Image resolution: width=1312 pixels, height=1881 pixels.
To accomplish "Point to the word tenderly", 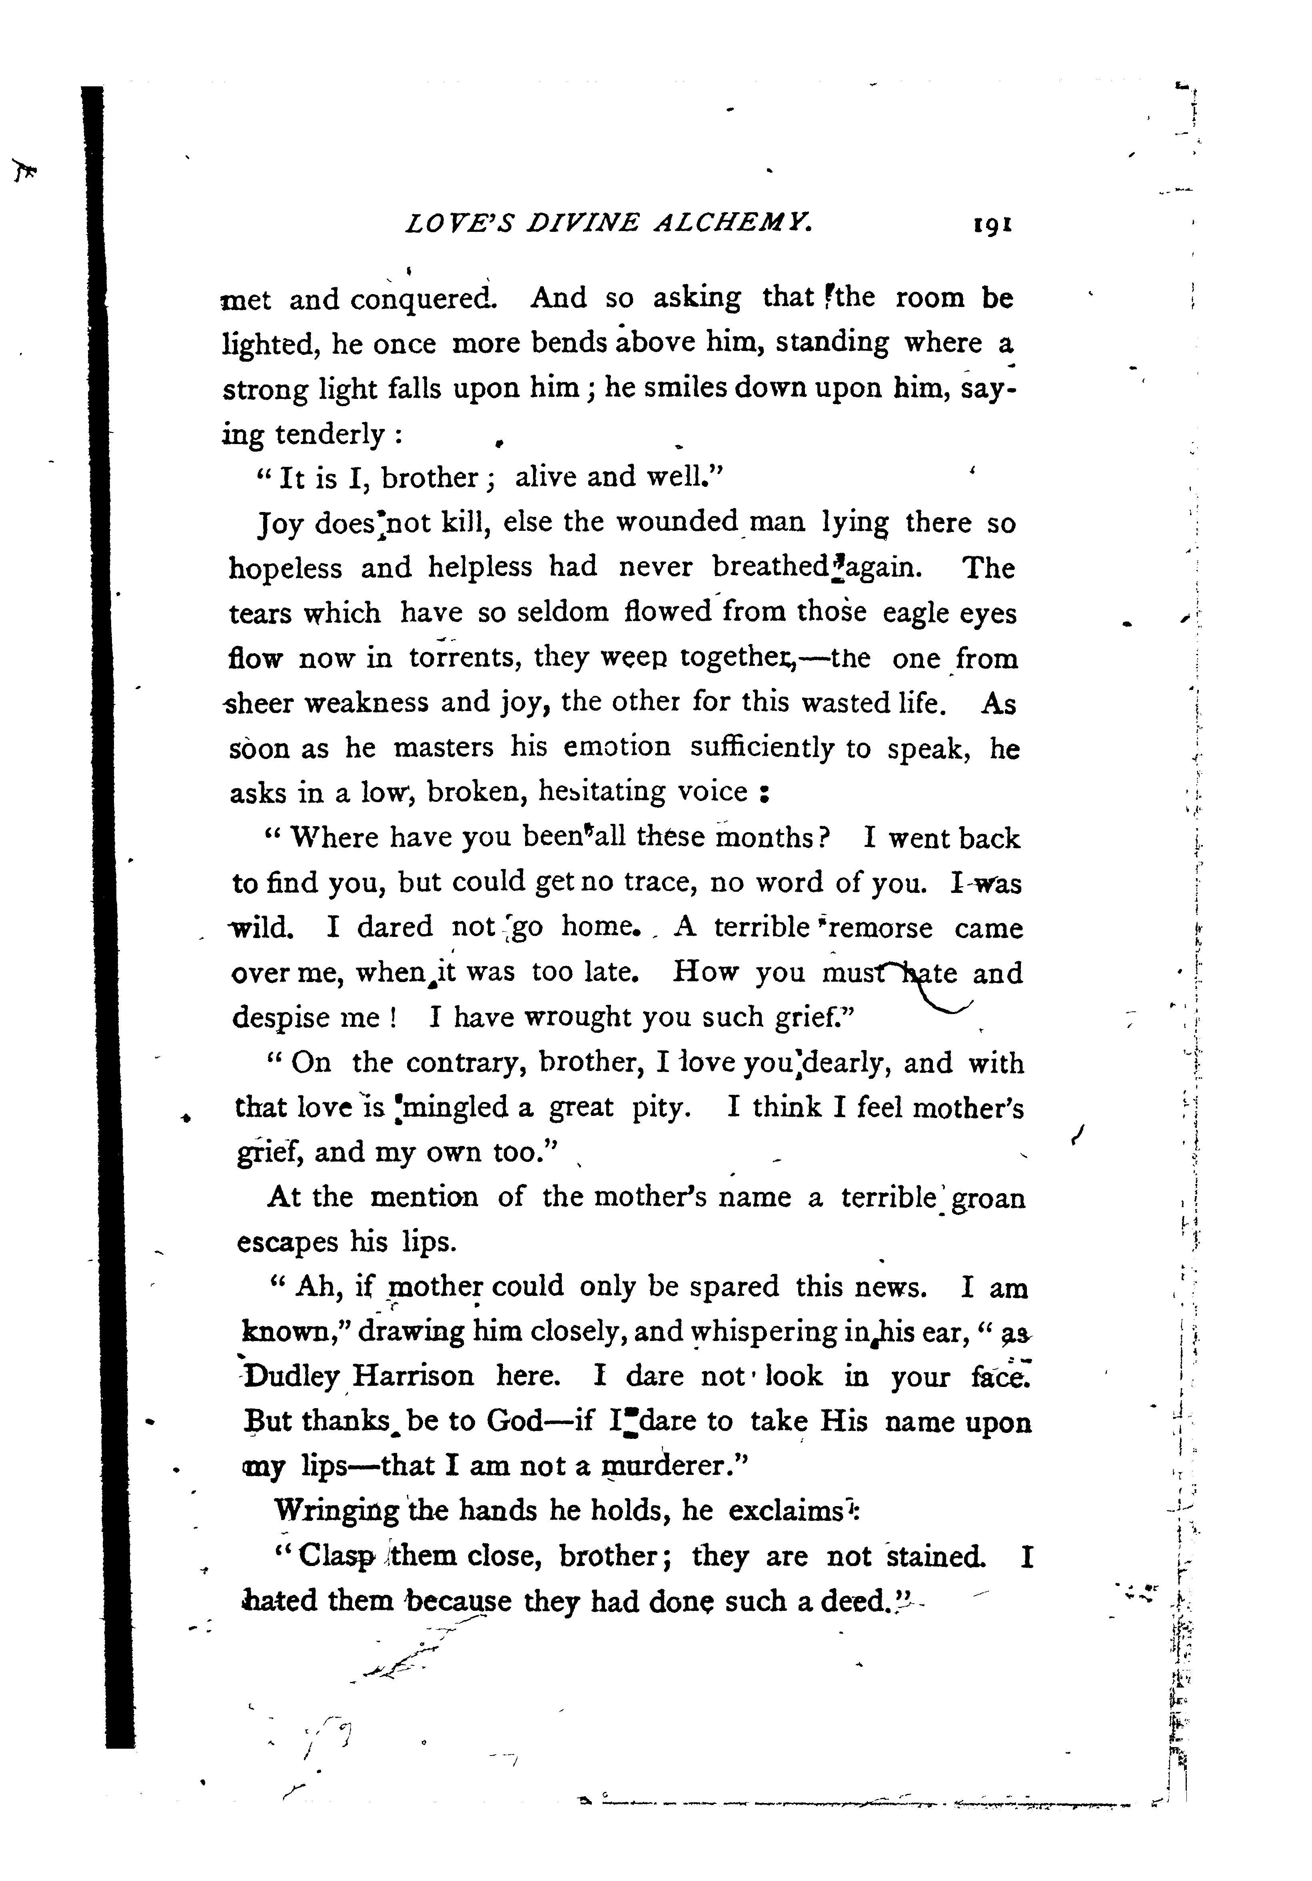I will (330, 433).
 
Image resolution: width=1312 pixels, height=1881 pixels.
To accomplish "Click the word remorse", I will (881, 928).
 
